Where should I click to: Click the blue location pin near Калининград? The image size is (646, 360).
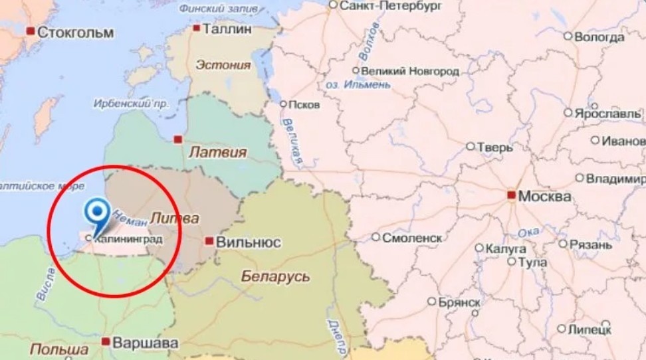pyautogui.click(x=99, y=213)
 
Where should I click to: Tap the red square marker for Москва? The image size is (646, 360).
pyautogui.click(x=510, y=195)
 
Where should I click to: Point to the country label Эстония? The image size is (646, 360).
pyautogui.click(x=223, y=65)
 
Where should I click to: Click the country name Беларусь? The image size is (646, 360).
pyautogui.click(x=275, y=276)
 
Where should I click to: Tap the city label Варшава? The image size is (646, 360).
pyautogui.click(x=145, y=343)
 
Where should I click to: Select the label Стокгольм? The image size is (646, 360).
pyautogui.click(x=75, y=32)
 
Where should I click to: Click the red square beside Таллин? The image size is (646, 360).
pyautogui.click(x=197, y=28)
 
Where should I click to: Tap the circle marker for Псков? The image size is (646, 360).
pyautogui.click(x=283, y=104)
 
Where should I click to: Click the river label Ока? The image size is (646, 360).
pyautogui.click(x=528, y=232)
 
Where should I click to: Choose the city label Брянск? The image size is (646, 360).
pyautogui.click(x=459, y=302)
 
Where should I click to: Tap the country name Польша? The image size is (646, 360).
pyautogui.click(x=58, y=350)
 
